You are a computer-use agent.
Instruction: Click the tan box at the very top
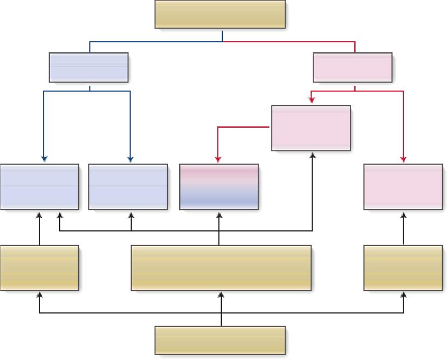[x=220, y=14]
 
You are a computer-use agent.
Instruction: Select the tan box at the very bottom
[x=220, y=340]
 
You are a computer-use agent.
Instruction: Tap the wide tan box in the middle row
[x=221, y=268]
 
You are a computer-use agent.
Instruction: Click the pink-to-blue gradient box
[x=219, y=187]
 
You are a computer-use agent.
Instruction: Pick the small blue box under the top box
[x=88, y=67]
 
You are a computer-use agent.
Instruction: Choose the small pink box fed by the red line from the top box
[x=353, y=67]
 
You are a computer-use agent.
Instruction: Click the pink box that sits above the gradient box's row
[x=311, y=128]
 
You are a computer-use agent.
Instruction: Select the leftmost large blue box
[x=39, y=187]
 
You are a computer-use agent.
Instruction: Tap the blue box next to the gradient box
[x=128, y=187]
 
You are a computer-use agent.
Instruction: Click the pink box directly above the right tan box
[x=403, y=187]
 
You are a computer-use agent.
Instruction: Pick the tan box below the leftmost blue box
[x=39, y=268]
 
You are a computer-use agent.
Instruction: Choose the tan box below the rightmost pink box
[x=403, y=268]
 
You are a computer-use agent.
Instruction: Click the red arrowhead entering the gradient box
[x=218, y=160]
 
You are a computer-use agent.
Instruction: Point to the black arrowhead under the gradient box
[x=219, y=215]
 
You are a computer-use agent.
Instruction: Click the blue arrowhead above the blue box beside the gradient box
[x=130, y=160]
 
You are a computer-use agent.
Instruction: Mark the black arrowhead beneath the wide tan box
[x=221, y=295]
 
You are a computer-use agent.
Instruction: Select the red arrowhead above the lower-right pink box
[x=403, y=160]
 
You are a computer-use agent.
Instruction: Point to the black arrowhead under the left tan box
[x=39, y=295]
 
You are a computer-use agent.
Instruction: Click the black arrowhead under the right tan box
[x=403, y=295]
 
